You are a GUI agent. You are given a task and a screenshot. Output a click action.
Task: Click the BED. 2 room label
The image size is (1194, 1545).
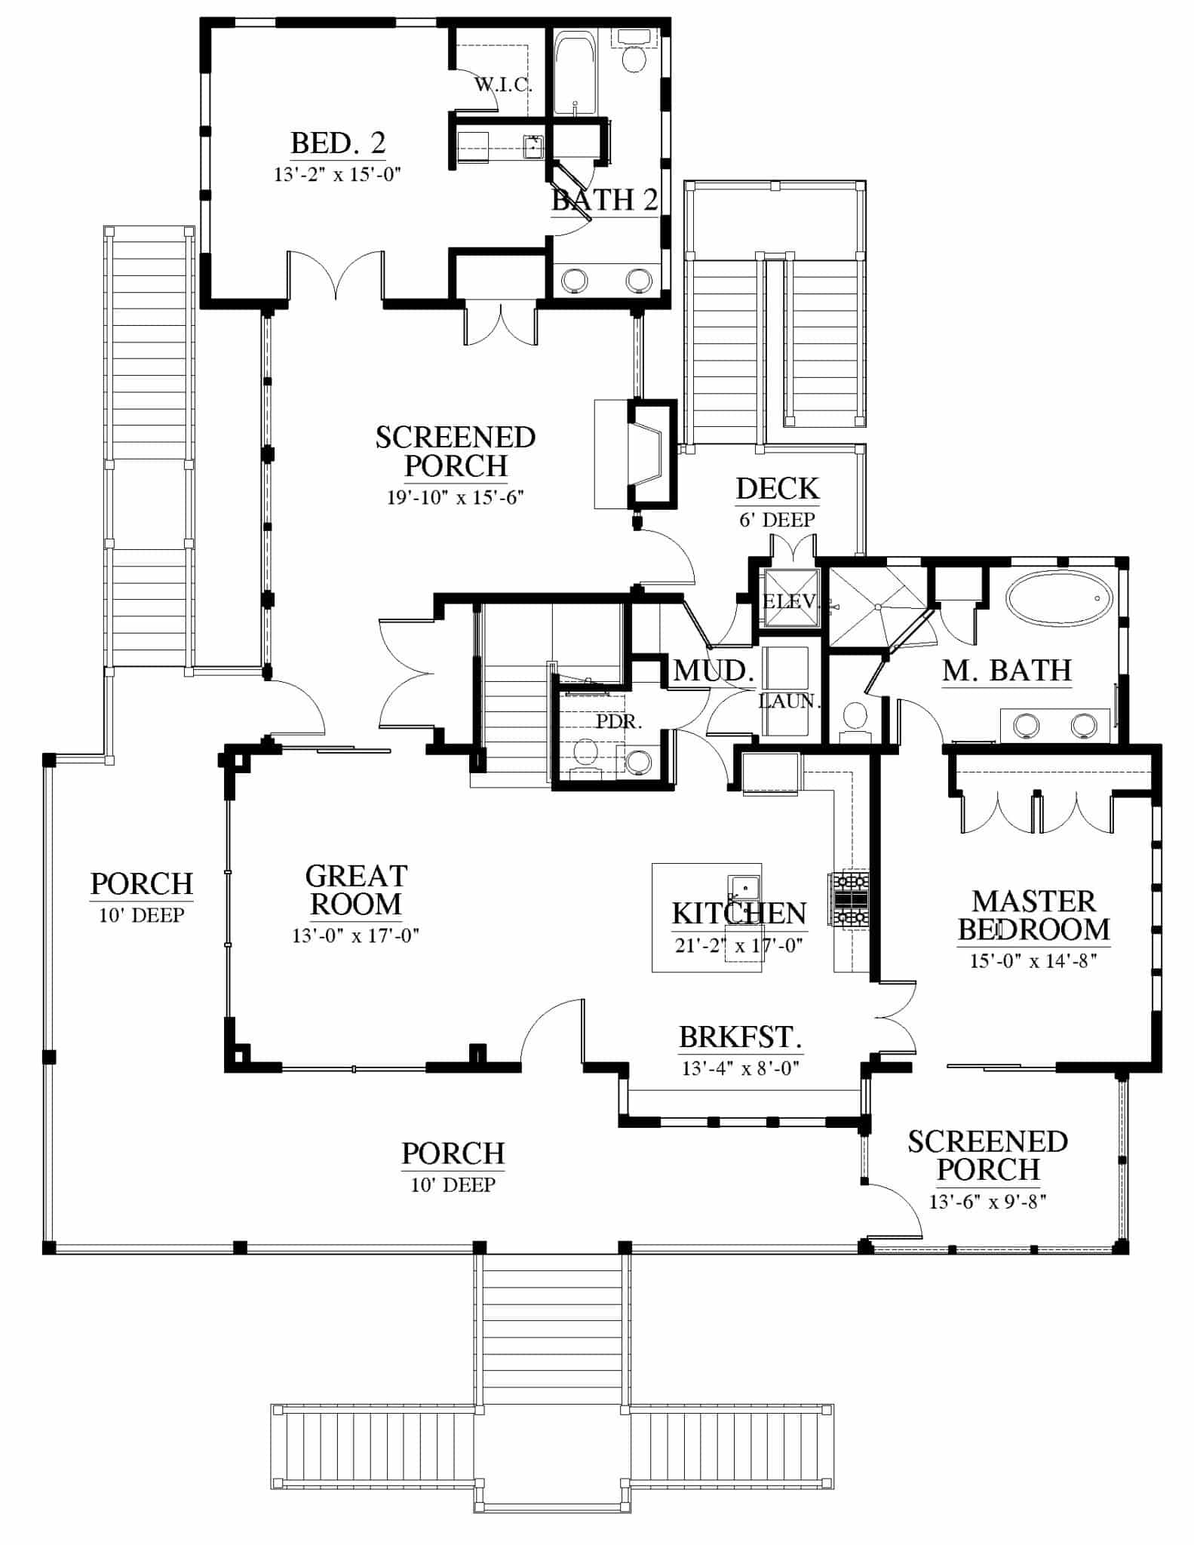click(338, 143)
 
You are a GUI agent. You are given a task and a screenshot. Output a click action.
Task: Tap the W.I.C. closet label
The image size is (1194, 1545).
click(503, 84)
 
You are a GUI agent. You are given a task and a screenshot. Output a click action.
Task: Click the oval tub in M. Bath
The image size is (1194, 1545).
click(1059, 599)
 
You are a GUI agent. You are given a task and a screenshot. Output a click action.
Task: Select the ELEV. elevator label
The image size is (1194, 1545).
click(790, 601)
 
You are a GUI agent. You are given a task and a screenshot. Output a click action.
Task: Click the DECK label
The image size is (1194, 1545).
click(777, 489)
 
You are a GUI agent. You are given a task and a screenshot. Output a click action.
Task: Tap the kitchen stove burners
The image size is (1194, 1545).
click(849, 899)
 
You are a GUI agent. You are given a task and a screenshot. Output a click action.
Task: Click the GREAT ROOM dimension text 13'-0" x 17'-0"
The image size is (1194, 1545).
click(355, 936)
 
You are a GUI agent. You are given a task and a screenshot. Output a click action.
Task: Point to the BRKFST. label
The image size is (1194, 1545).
click(740, 1037)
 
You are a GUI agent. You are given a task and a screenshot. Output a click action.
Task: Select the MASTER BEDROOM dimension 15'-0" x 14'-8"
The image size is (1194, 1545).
click(1033, 960)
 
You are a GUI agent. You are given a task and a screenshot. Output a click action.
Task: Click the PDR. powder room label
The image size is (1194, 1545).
click(618, 721)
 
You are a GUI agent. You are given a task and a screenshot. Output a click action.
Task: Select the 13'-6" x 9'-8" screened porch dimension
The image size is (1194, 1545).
click(987, 1202)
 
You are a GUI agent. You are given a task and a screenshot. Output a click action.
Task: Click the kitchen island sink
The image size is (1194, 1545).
click(744, 889)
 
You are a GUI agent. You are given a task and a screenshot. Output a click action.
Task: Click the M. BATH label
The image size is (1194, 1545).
click(1006, 670)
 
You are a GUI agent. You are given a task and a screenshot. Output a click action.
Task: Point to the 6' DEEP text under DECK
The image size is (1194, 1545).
click(777, 520)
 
